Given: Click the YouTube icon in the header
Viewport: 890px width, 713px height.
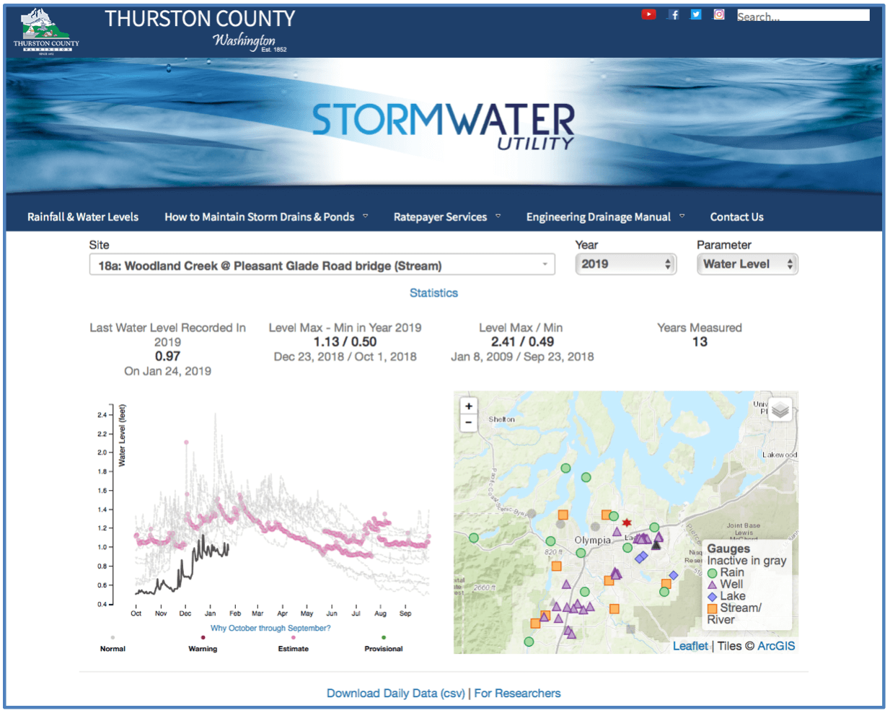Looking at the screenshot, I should tap(648, 14).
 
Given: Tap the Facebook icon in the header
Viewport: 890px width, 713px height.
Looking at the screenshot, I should tap(674, 14).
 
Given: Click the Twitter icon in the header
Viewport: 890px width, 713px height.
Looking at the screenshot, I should tap(696, 14).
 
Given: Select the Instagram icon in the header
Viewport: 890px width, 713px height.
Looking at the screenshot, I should tap(719, 14).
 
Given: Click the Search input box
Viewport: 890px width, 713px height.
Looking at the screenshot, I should tap(803, 15).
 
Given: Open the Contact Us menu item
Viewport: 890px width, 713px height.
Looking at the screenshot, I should tap(736, 216).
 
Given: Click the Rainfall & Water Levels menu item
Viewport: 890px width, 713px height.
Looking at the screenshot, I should tap(83, 216).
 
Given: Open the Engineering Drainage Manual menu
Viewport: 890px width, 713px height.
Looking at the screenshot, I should tap(599, 216).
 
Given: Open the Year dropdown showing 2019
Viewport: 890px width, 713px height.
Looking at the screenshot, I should tap(625, 264).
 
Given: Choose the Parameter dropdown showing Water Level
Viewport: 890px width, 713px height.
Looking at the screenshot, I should tap(747, 264).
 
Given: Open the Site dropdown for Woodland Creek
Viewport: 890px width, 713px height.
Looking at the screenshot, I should tap(322, 266).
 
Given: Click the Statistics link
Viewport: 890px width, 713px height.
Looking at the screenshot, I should tap(433, 293).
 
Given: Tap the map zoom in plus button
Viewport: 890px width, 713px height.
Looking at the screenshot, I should tap(469, 406).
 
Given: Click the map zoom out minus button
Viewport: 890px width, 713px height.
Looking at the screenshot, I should tap(469, 422).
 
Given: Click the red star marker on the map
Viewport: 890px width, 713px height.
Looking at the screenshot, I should tap(627, 522).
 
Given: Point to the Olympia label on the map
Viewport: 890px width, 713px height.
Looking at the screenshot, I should tap(592, 540).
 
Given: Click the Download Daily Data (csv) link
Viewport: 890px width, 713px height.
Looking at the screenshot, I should tap(395, 693).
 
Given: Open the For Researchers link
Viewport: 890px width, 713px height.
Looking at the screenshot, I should tap(517, 693).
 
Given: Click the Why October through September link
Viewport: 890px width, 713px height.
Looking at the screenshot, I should tap(270, 628).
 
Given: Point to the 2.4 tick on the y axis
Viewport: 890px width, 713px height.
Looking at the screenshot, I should tap(102, 415).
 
